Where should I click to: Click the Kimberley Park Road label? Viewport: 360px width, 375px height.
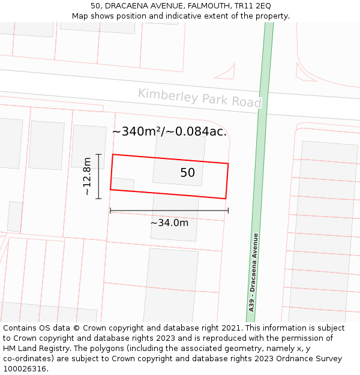click(199, 98)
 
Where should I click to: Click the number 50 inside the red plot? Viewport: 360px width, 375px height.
click(187, 173)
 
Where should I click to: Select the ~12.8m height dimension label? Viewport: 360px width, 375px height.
click(88, 176)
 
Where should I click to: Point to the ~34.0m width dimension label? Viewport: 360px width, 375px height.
click(169, 223)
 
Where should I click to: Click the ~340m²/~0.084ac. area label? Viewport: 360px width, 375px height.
click(170, 131)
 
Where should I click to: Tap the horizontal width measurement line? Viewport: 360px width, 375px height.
click(169, 211)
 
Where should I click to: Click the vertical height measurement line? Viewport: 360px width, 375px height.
click(98, 176)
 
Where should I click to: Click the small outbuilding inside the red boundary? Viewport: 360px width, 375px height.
click(123, 185)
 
